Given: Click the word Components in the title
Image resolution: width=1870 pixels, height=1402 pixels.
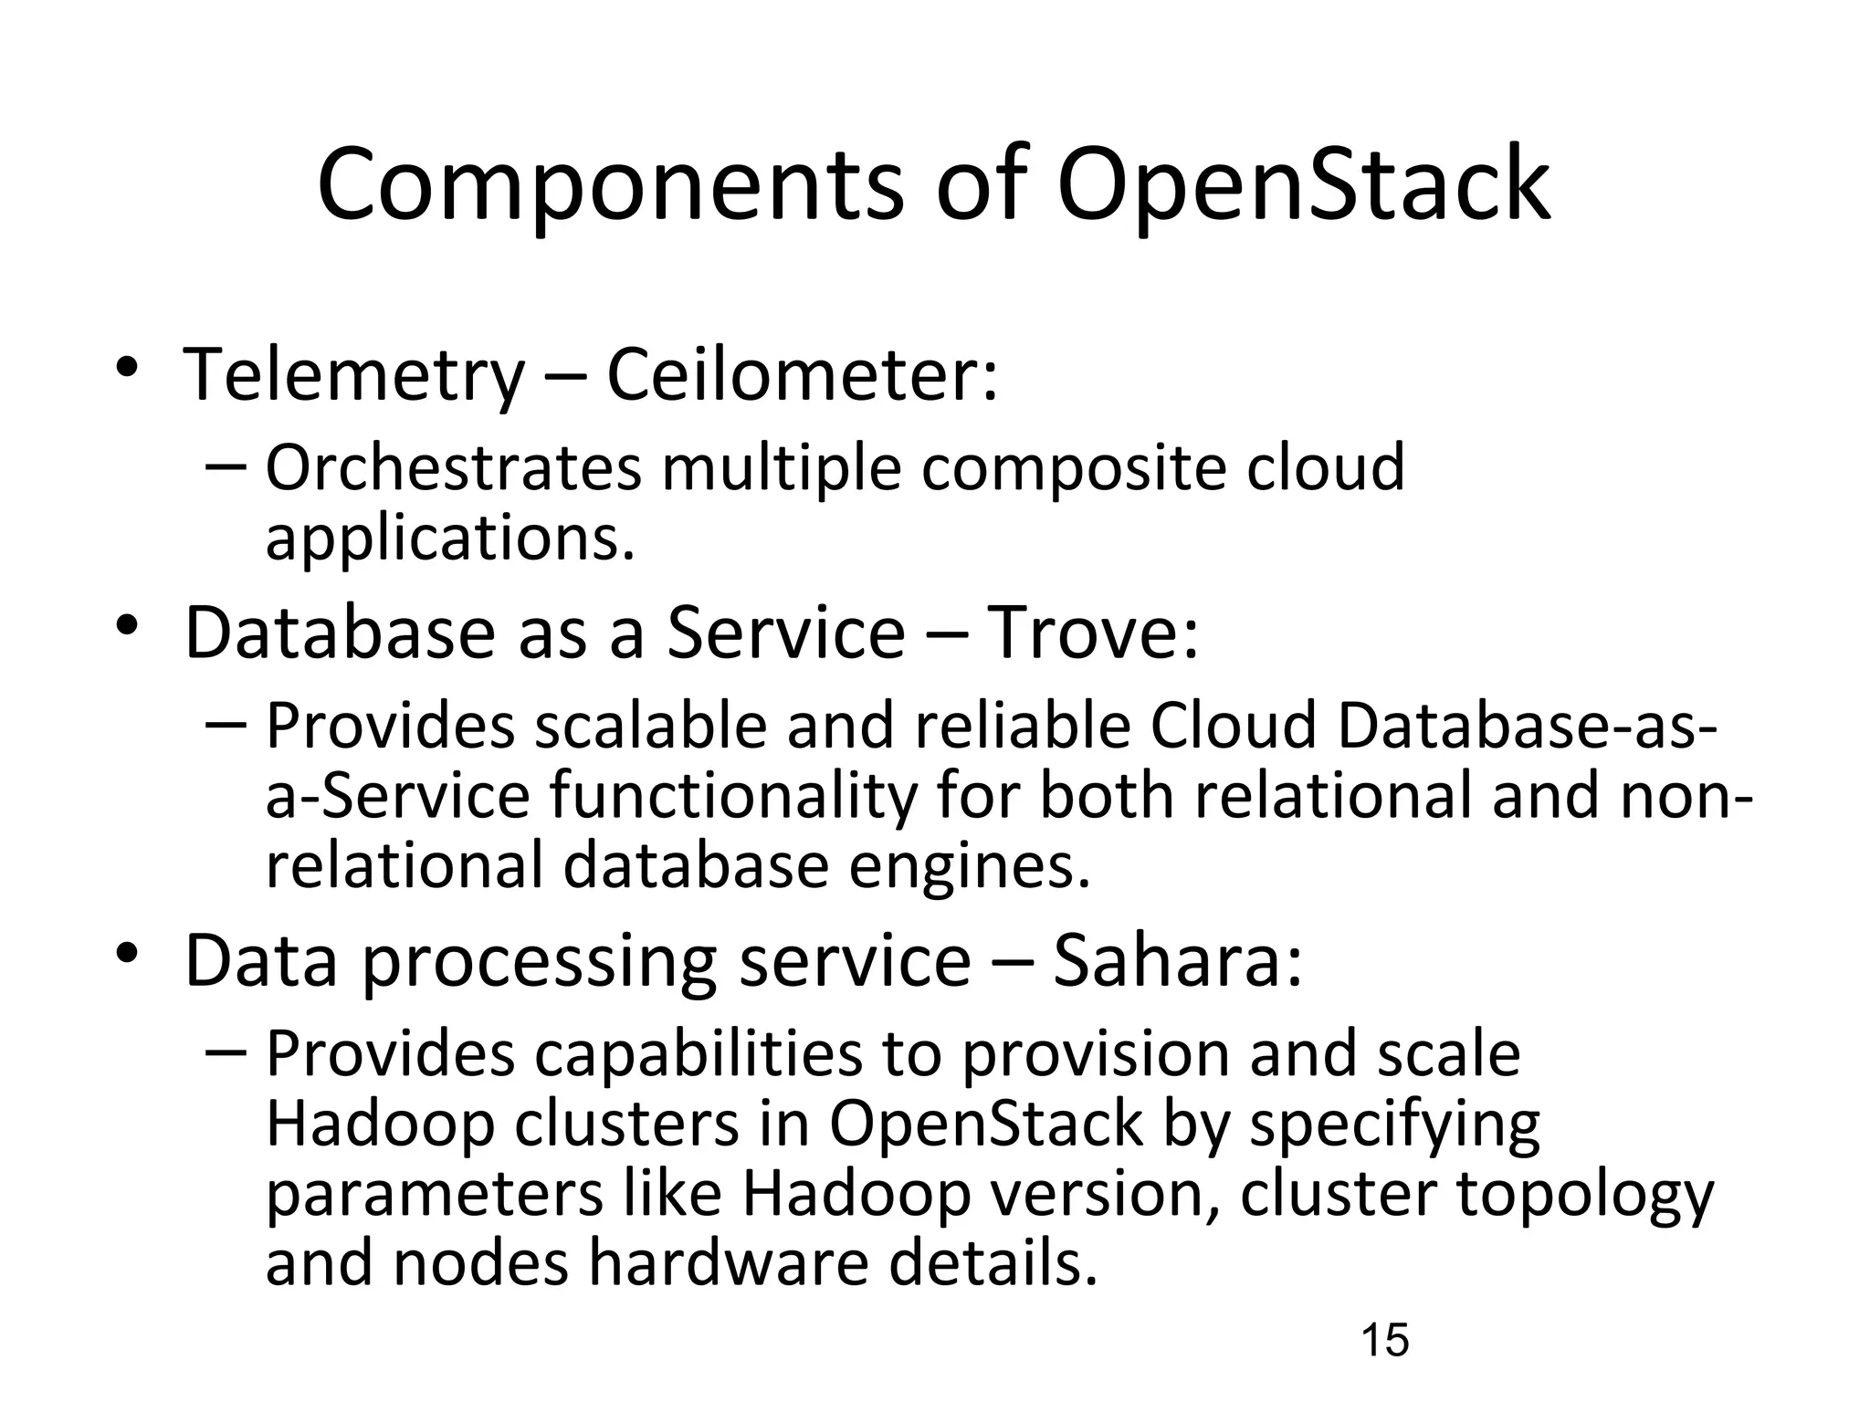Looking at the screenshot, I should tap(610, 187).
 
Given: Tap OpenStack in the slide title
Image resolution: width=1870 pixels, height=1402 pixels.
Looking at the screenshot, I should tap(1303, 187).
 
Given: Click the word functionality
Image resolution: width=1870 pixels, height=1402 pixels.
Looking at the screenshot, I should tap(732, 797).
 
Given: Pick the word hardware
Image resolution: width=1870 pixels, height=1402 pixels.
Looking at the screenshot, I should tap(728, 1264).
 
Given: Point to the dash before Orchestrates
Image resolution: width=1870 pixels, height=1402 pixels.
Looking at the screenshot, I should tap(226, 466).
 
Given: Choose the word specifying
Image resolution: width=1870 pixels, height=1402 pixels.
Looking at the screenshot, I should tap(1394, 1126).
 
